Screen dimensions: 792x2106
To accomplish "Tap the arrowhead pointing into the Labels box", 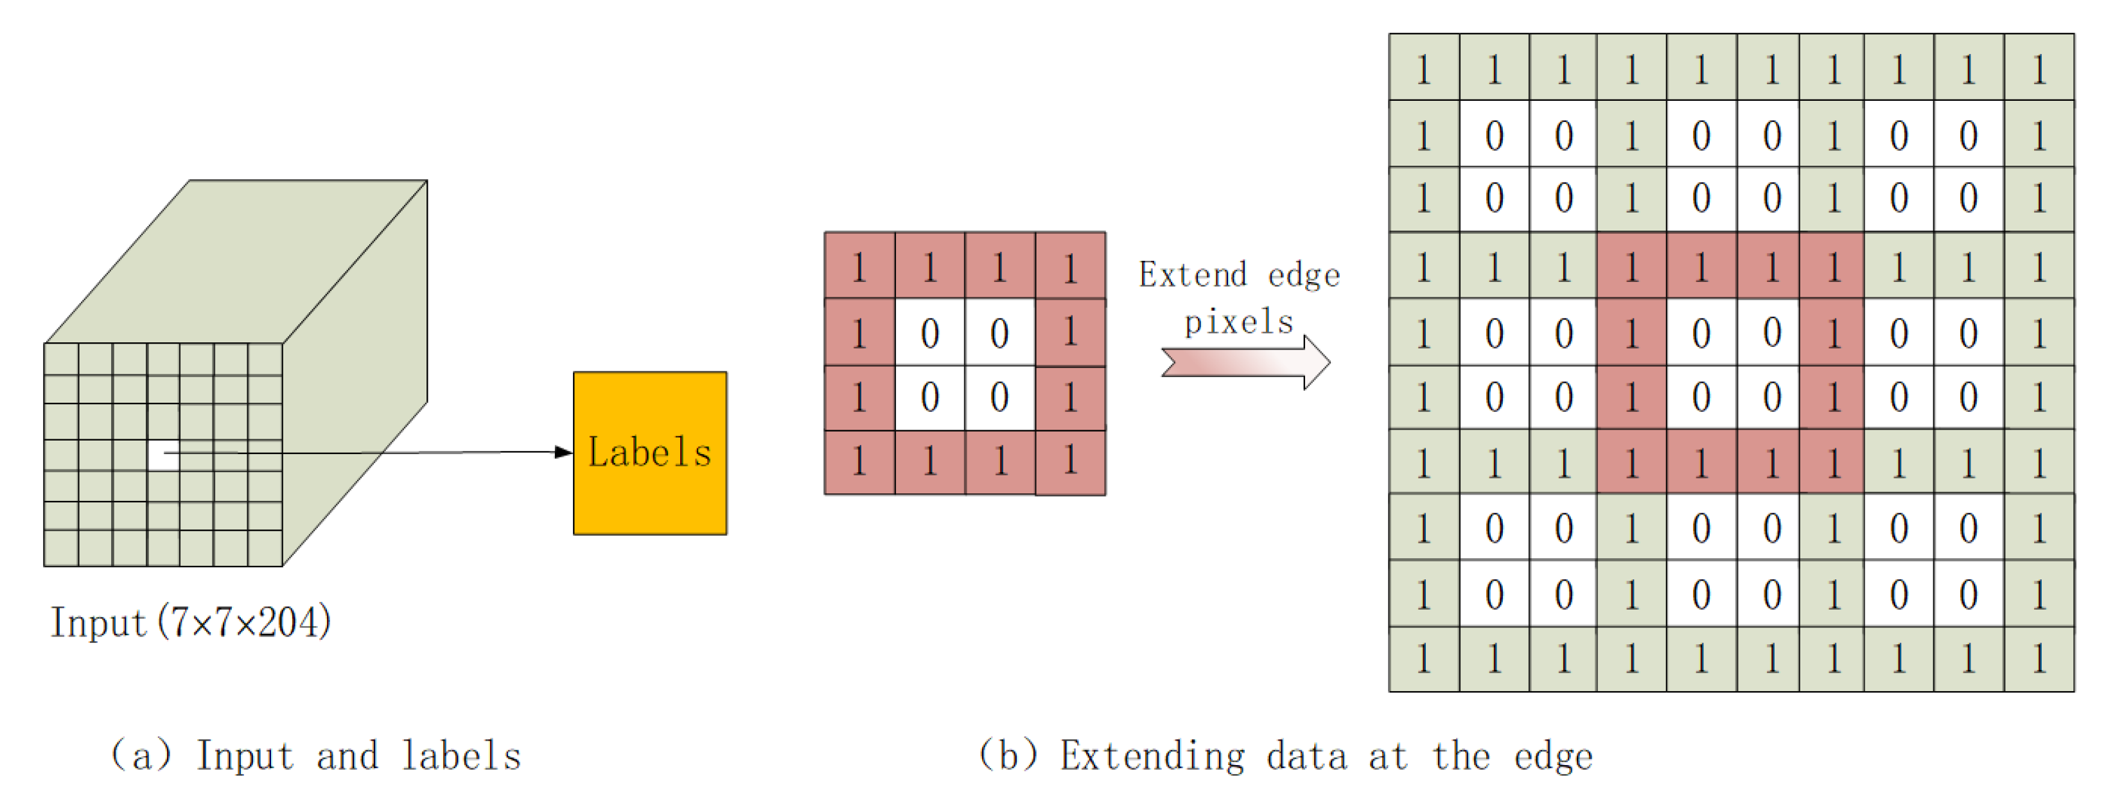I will click(x=563, y=452).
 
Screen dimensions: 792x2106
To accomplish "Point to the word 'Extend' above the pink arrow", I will click(x=1193, y=276).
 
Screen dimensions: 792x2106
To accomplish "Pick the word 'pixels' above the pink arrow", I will click(x=1240, y=322).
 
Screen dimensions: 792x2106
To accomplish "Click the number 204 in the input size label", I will click(x=288, y=623).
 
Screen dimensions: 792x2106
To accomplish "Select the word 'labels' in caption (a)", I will click(x=462, y=756).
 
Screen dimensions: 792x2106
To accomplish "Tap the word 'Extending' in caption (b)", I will click(x=1153, y=756).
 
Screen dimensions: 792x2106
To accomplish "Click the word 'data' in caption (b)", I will click(x=1306, y=756).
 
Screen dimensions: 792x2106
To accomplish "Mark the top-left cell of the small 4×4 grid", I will click(x=859, y=266).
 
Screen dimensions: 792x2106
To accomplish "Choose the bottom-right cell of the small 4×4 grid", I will click(x=1070, y=462).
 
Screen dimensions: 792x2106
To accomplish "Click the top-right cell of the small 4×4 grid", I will click(x=1070, y=266).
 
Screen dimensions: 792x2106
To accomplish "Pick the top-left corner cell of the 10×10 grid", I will click(x=1424, y=68).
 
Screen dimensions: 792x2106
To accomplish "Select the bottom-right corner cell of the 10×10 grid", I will click(x=2039, y=659).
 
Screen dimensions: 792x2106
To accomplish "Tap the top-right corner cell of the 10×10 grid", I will click(x=2039, y=68).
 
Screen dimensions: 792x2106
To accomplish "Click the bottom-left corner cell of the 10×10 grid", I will click(x=1424, y=659).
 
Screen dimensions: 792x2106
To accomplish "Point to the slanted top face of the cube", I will click(x=237, y=261).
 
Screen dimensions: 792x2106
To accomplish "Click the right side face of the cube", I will click(x=356, y=368).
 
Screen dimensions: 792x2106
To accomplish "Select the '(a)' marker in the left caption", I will click(x=141, y=756).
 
